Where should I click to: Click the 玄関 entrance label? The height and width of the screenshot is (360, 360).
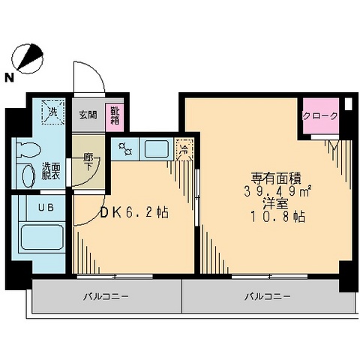[x=88, y=115]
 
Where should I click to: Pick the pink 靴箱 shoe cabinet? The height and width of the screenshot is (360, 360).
[x=115, y=115]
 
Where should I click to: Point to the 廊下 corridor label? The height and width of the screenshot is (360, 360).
[x=88, y=162]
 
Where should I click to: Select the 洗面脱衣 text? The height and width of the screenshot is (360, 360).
[x=51, y=172]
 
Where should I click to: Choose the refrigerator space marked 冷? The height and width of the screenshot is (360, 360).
[x=184, y=149]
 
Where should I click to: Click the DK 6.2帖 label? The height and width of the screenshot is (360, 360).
[x=134, y=213]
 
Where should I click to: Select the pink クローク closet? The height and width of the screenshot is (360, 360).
[x=320, y=117]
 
